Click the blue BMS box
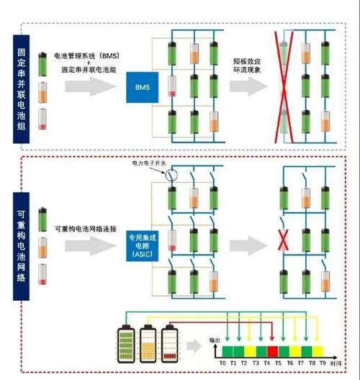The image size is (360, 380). point(142,86)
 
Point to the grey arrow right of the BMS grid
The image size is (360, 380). point(246,86)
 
